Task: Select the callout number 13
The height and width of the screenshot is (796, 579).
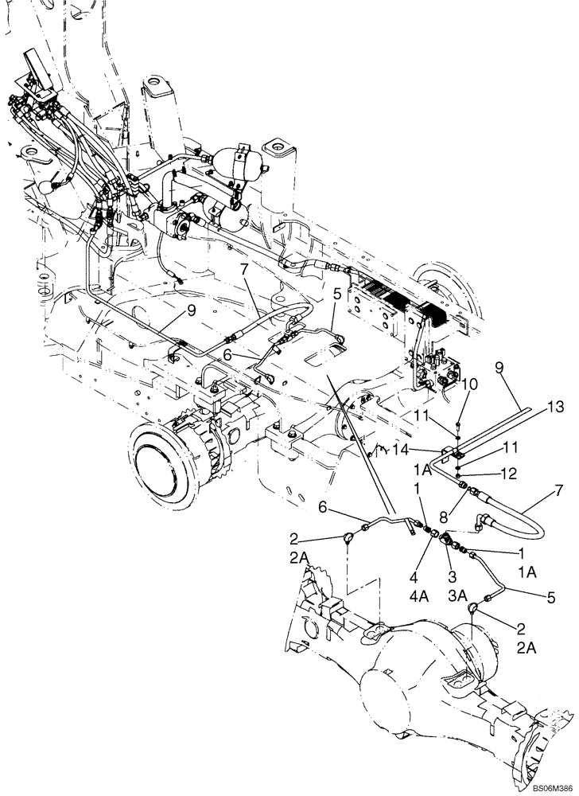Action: [x=554, y=408]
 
